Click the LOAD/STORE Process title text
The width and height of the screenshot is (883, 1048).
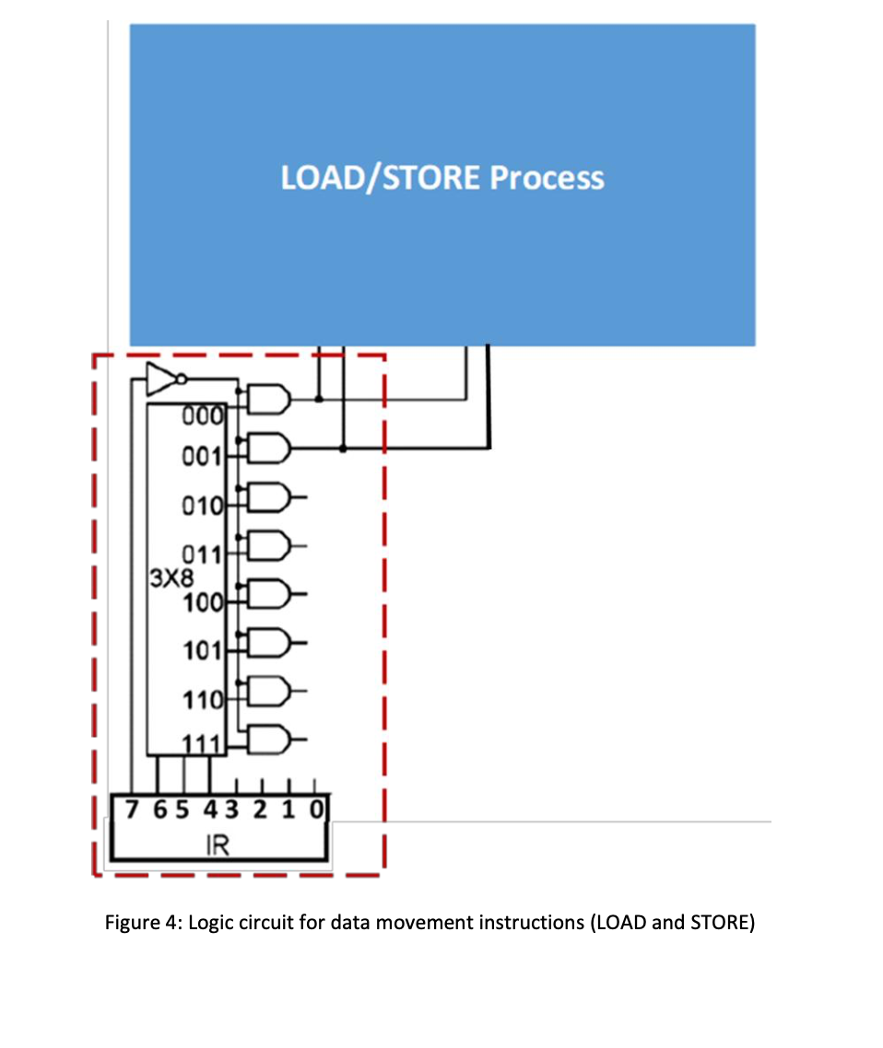442,177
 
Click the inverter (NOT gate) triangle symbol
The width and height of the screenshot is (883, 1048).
161,378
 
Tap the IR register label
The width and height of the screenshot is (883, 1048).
218,846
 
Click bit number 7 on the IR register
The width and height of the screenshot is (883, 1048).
133,811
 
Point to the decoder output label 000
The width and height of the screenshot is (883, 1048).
202,415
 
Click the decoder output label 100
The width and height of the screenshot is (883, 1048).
203,604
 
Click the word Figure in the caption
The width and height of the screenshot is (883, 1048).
130,923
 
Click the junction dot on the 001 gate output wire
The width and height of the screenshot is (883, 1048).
343,448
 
